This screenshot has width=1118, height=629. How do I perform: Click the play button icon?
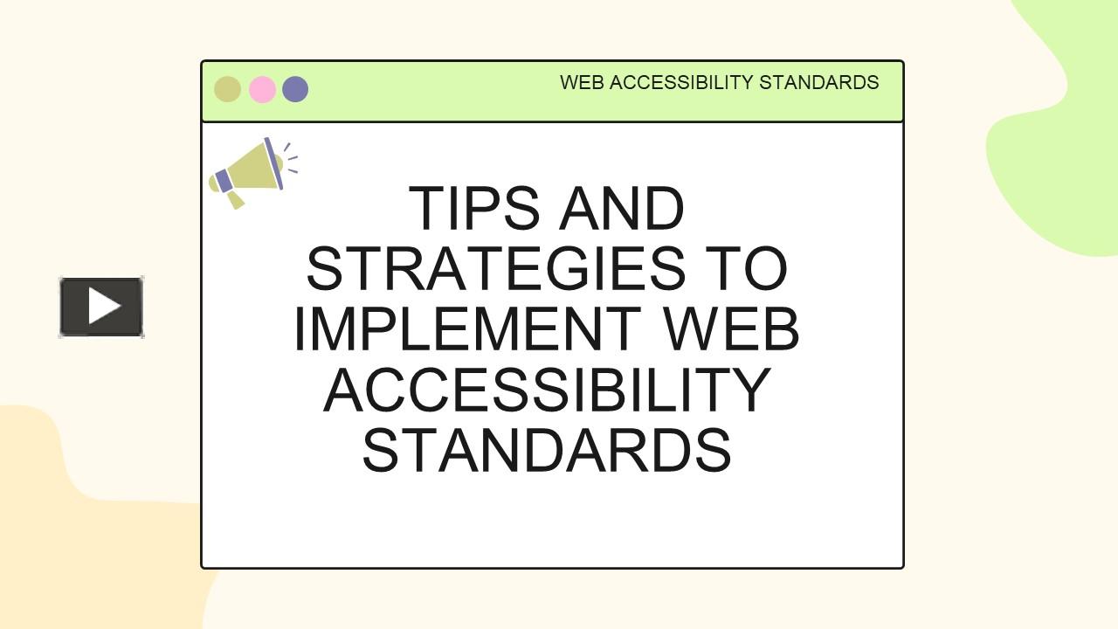click(101, 307)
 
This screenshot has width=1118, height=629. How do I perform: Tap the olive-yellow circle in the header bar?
click(227, 89)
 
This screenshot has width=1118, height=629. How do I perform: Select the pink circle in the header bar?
click(262, 89)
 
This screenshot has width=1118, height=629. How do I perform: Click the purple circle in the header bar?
click(295, 89)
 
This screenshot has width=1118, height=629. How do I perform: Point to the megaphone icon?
click(250, 172)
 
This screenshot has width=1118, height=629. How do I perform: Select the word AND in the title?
click(621, 209)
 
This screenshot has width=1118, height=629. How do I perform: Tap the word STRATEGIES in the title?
click(495, 269)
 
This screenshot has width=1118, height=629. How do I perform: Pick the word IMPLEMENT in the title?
click(467, 329)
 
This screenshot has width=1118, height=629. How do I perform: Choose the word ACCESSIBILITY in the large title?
click(547, 390)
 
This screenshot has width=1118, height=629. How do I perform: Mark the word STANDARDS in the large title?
click(547, 450)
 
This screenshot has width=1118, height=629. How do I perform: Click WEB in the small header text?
click(582, 83)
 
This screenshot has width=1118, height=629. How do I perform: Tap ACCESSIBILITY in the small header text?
click(680, 83)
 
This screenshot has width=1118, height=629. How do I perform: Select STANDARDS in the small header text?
click(818, 83)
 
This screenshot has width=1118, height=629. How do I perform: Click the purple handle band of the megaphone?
click(224, 182)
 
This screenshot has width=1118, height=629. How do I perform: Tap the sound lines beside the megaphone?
click(290, 158)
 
